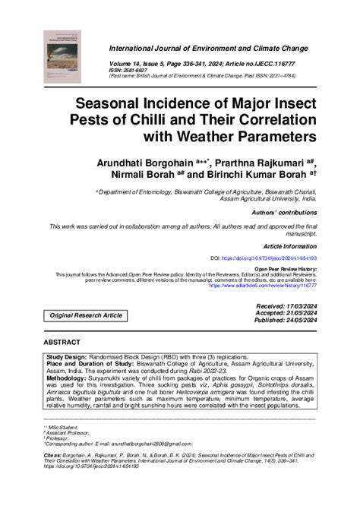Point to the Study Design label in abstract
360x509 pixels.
67,356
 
